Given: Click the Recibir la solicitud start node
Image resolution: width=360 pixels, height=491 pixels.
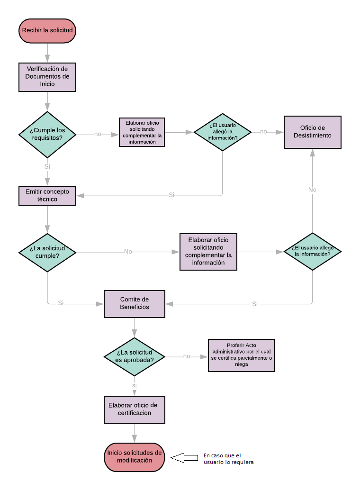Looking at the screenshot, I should click(47, 30).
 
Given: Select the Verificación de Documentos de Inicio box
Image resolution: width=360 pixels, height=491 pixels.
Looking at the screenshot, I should click(47, 77).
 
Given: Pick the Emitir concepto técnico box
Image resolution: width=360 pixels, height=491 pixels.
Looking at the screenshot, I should click(47, 196).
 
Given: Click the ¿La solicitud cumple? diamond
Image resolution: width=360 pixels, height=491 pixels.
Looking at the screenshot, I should click(47, 252).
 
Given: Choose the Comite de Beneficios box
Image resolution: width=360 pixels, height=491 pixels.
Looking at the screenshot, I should click(135, 303).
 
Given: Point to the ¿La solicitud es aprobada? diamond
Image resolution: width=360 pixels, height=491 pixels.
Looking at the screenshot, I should click(135, 356).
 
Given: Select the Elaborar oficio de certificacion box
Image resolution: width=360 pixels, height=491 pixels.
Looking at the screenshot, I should click(135, 409).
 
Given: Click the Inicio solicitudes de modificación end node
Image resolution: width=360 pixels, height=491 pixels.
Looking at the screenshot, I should click(135, 457).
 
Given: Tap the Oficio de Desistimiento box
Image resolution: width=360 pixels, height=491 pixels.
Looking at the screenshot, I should click(312, 132).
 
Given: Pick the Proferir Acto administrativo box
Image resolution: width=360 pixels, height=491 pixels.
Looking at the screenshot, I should click(242, 355).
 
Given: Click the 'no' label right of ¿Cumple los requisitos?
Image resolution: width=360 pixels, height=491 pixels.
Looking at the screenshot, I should click(98, 134).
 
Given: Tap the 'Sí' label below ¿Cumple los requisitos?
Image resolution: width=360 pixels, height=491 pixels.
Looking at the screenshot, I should click(47, 166).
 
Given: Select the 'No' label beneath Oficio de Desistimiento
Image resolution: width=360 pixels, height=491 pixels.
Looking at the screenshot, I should click(312, 190).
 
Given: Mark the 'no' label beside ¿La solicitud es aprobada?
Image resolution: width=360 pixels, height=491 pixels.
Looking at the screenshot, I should click(187, 356).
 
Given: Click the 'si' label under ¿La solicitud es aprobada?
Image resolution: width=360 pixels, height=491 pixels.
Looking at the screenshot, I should click(135, 385).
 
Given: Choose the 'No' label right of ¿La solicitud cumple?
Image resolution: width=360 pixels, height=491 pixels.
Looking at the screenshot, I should click(128, 252).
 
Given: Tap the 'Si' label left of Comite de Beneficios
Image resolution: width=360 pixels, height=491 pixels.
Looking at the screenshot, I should click(61, 303).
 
